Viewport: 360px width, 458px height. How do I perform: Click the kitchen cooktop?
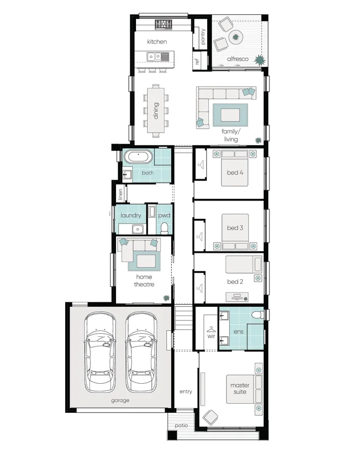164,24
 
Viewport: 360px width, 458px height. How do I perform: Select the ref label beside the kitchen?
197,62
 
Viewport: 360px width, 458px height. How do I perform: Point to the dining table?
156,110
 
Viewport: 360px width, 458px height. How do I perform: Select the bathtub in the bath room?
136,157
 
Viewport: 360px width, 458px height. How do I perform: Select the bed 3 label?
235,228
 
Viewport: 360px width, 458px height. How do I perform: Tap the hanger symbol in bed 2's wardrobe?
201,287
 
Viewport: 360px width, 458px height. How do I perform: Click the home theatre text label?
144,281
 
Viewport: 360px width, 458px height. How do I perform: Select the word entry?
185,391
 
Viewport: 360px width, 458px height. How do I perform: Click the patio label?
181,425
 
